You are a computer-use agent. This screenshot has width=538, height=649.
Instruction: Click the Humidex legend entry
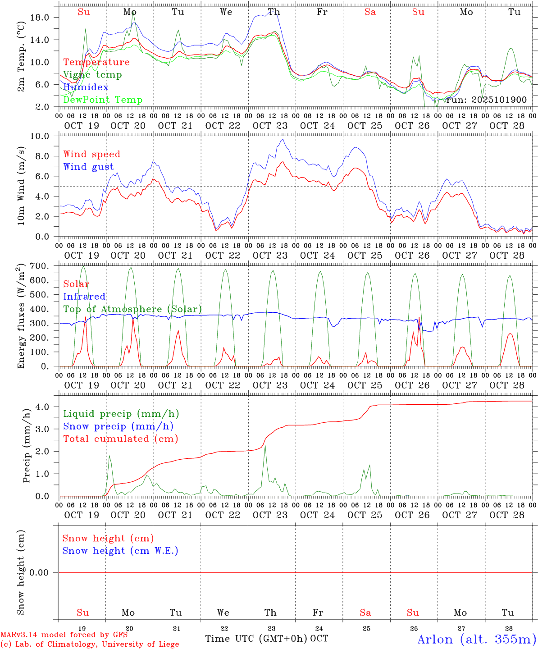click(86, 87)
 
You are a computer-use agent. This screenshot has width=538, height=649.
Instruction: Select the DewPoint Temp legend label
click(103, 100)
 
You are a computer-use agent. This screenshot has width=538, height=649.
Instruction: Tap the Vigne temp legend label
click(92, 74)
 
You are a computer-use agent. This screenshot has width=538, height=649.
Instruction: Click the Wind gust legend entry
click(88, 167)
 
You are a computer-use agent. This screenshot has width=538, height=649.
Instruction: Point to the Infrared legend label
click(84, 297)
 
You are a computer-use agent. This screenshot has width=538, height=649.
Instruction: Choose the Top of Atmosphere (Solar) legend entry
click(132, 309)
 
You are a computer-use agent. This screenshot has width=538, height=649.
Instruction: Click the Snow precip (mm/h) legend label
click(118, 426)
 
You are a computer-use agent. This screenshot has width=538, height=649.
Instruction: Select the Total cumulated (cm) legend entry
click(120, 439)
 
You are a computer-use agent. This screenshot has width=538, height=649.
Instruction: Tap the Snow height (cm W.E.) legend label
click(120, 551)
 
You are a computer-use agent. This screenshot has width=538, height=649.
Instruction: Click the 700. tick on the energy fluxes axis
click(39, 266)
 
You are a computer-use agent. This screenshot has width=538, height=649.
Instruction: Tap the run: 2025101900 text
click(486, 100)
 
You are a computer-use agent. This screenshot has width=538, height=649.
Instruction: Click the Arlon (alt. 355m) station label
click(476, 639)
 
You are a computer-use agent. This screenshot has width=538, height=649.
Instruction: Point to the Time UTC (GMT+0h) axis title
click(256, 639)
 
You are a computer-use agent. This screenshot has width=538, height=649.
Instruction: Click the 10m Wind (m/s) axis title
click(22, 185)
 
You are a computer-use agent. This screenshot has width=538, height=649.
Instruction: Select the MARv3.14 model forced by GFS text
click(64, 635)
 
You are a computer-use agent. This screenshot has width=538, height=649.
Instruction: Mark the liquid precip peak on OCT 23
click(265, 446)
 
